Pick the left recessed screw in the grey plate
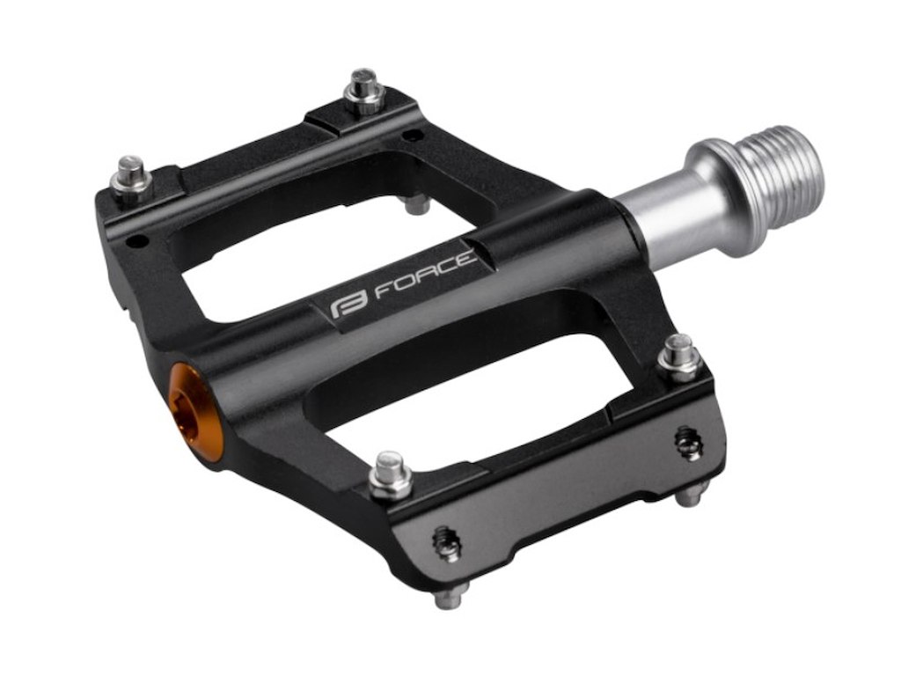coord(446,543)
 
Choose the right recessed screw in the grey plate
coord(688,442)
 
